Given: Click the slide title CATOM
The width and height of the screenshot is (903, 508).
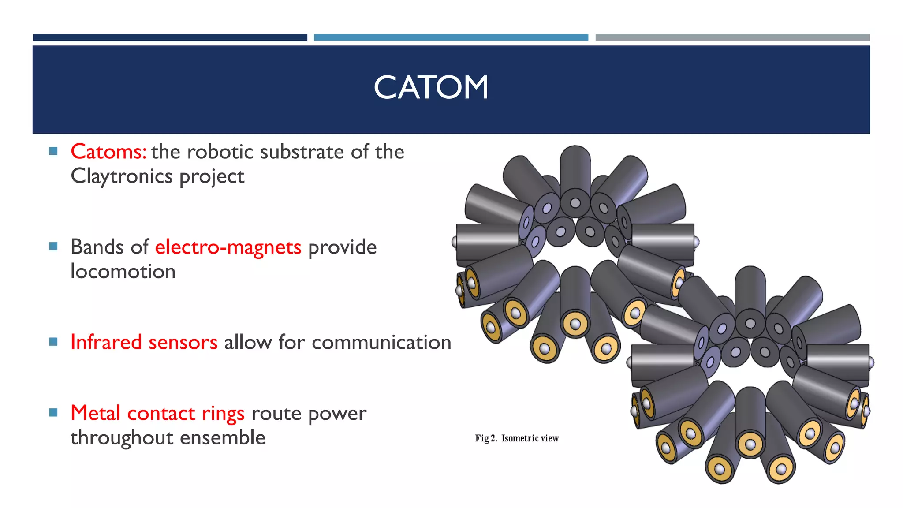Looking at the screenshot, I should pyautogui.click(x=431, y=87).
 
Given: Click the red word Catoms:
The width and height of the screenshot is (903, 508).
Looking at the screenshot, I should pyautogui.click(x=108, y=152).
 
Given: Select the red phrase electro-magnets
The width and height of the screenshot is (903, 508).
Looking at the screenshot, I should pyautogui.click(x=228, y=247).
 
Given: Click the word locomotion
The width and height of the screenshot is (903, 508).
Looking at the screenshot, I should pyautogui.click(x=123, y=272).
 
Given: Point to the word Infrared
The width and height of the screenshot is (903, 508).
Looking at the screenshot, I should pyautogui.click(x=106, y=342).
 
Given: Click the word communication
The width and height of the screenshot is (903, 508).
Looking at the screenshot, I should pyautogui.click(x=381, y=343).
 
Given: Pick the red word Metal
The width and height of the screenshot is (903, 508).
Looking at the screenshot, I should pyautogui.click(x=95, y=413).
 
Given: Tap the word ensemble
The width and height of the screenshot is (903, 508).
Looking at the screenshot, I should pyautogui.click(x=223, y=438).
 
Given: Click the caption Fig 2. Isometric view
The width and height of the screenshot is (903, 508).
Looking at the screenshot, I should pyautogui.click(x=517, y=438).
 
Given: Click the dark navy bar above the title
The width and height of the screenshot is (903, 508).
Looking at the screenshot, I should pyautogui.click(x=170, y=37).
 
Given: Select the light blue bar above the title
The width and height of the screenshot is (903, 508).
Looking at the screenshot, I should pyautogui.click(x=451, y=37).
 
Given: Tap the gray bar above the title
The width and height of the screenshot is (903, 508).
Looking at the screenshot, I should pyautogui.click(x=732, y=37).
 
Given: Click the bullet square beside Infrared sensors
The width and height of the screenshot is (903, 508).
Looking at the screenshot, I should pyautogui.click(x=53, y=342).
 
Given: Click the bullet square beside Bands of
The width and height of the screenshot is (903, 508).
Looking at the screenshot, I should pyautogui.click(x=53, y=247).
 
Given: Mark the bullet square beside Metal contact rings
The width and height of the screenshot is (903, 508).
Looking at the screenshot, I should pyautogui.click(x=53, y=413).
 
